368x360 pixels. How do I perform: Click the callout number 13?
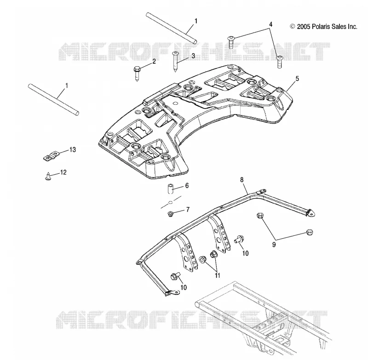(73, 149)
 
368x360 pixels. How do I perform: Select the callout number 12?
(63, 172)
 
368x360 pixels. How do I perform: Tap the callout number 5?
(297, 79)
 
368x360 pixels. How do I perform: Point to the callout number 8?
(242, 180)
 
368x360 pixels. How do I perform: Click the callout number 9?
(274, 245)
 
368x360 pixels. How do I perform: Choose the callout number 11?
(218, 275)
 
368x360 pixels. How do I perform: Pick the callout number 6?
(187, 186)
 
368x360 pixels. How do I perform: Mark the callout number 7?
(188, 210)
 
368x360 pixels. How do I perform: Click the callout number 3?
(193, 56)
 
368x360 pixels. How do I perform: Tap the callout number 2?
(154, 62)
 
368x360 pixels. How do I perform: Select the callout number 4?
(270, 24)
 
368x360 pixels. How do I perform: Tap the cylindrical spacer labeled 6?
(171, 189)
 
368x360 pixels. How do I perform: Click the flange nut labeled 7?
(170, 214)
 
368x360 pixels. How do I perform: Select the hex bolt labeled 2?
(137, 73)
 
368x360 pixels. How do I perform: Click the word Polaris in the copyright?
(321, 27)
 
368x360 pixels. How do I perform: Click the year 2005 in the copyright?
(304, 27)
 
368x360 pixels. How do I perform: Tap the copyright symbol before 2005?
(293, 27)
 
